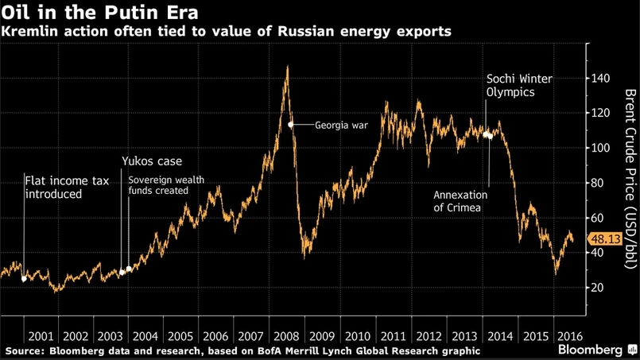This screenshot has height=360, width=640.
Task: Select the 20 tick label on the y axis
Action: click(x=600, y=288)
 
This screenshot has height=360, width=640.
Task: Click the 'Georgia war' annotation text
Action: click(x=341, y=125)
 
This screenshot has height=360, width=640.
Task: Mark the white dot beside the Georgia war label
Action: click(x=291, y=125)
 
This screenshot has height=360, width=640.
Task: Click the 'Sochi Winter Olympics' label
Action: click(x=519, y=86)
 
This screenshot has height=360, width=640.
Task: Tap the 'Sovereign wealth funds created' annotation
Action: click(x=166, y=185)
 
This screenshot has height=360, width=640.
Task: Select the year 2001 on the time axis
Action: click(x=39, y=335)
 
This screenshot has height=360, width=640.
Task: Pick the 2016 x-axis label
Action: click(x=568, y=335)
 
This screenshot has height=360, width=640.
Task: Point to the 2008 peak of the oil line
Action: click(x=287, y=68)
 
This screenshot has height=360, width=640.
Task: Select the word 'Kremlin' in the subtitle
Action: click(x=29, y=32)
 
